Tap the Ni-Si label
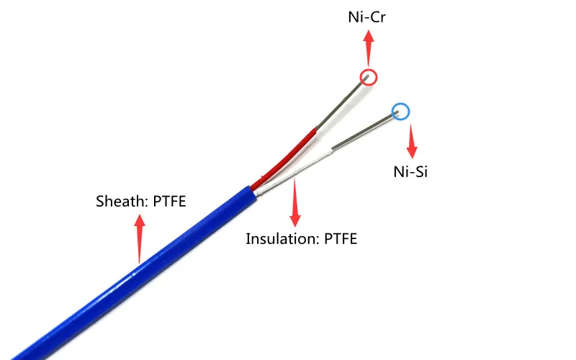[x=410, y=172]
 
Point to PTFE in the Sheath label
[x=169, y=202]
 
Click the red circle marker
[x=369, y=77]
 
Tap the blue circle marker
[x=400, y=112]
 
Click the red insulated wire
[x=292, y=153]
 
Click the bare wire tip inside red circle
[x=368, y=76]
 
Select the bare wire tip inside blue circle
[x=397, y=113]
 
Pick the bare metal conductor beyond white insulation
[x=364, y=132]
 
